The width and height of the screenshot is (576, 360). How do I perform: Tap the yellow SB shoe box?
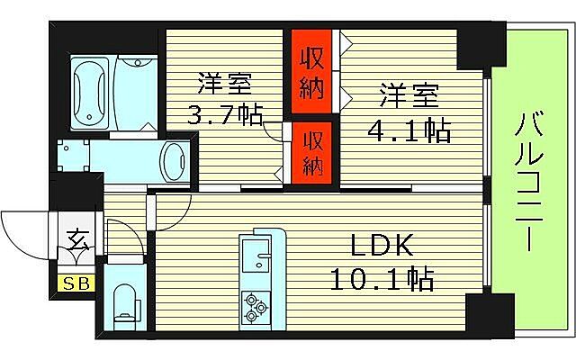pos(74,285)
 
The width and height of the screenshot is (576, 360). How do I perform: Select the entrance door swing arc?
pos(22,232)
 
